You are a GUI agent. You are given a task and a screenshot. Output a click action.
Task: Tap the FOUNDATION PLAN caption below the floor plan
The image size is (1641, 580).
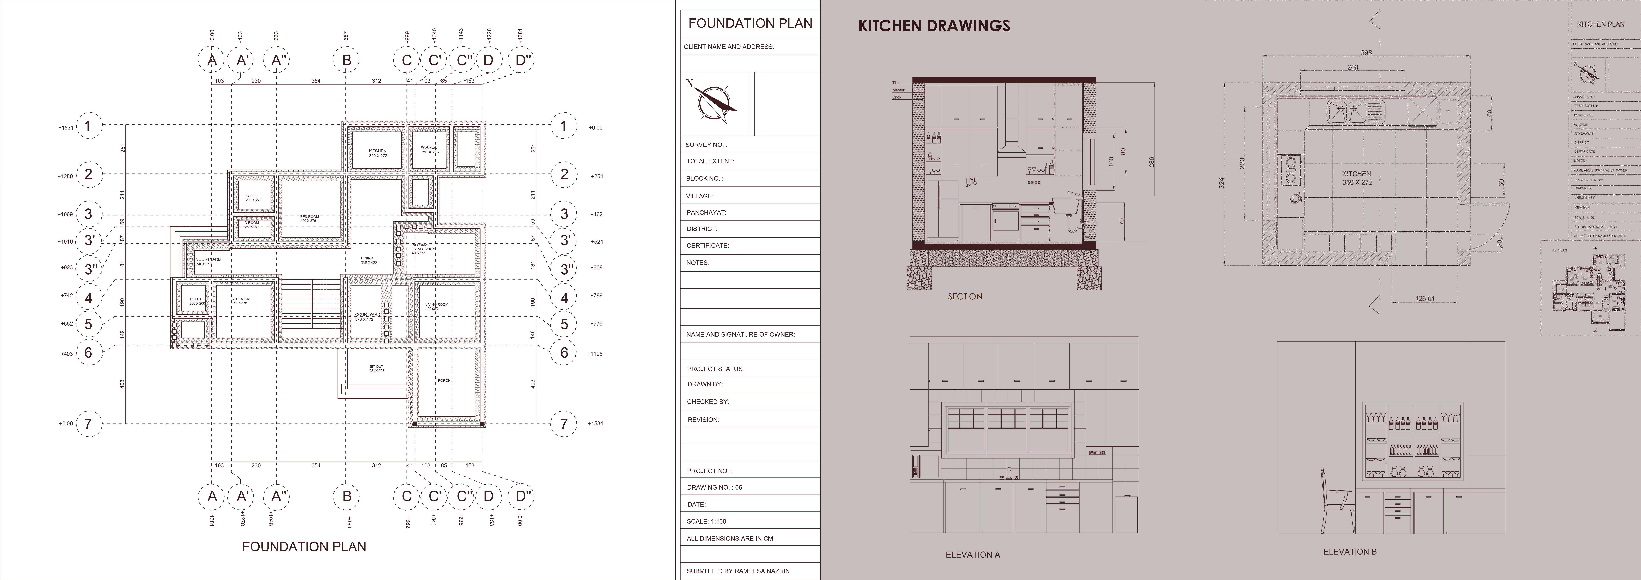304,546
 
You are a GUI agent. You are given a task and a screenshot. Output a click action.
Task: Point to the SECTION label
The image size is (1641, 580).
964,297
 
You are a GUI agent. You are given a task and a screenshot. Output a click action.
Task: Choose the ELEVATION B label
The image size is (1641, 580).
1349,551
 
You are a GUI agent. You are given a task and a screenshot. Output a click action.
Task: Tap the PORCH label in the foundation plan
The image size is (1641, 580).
444,381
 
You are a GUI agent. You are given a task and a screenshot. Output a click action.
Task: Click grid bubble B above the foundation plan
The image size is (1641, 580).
347,61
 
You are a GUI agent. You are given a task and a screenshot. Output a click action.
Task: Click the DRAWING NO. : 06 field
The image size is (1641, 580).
714,487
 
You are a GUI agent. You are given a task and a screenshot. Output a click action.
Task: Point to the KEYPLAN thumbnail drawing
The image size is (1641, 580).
1590,297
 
